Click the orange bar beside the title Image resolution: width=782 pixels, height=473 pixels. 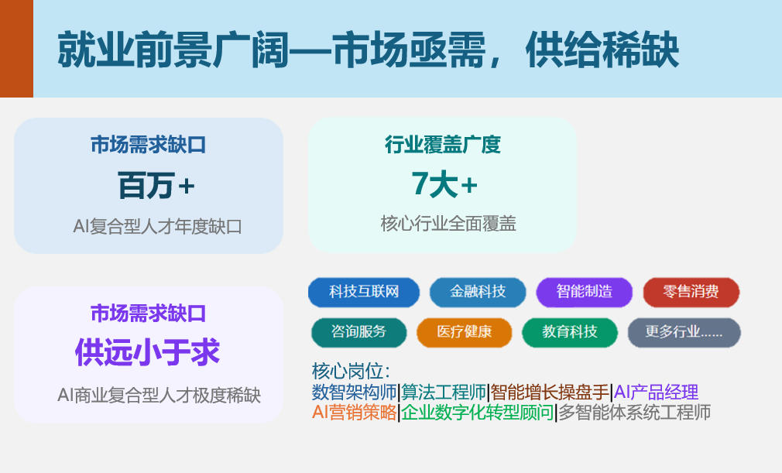16,48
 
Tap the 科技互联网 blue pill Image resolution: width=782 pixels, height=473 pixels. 364,292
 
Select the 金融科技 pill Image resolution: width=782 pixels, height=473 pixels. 478,292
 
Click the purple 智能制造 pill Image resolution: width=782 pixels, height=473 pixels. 584,292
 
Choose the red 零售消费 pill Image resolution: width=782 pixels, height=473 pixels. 691,292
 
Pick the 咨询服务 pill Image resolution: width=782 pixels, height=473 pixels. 358,332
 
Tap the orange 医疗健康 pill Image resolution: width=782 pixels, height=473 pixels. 465,332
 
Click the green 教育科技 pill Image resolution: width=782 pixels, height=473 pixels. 570,332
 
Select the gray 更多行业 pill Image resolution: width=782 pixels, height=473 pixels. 684,332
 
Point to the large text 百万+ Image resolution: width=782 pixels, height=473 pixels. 156,186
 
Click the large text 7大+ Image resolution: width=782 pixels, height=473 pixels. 444,184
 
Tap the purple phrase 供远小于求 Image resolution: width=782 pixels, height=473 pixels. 147,352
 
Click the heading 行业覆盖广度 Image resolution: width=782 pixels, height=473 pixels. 442,145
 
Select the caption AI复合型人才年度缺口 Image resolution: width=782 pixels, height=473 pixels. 158,227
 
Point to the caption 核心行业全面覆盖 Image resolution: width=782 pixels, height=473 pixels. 448,223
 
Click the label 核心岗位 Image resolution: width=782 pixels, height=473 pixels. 351,371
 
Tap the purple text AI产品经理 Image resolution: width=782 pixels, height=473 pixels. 656,392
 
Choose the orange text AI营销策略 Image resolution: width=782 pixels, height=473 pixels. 354,412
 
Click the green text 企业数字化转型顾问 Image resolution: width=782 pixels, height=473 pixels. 477,412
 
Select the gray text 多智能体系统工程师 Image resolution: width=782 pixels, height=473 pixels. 634,412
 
